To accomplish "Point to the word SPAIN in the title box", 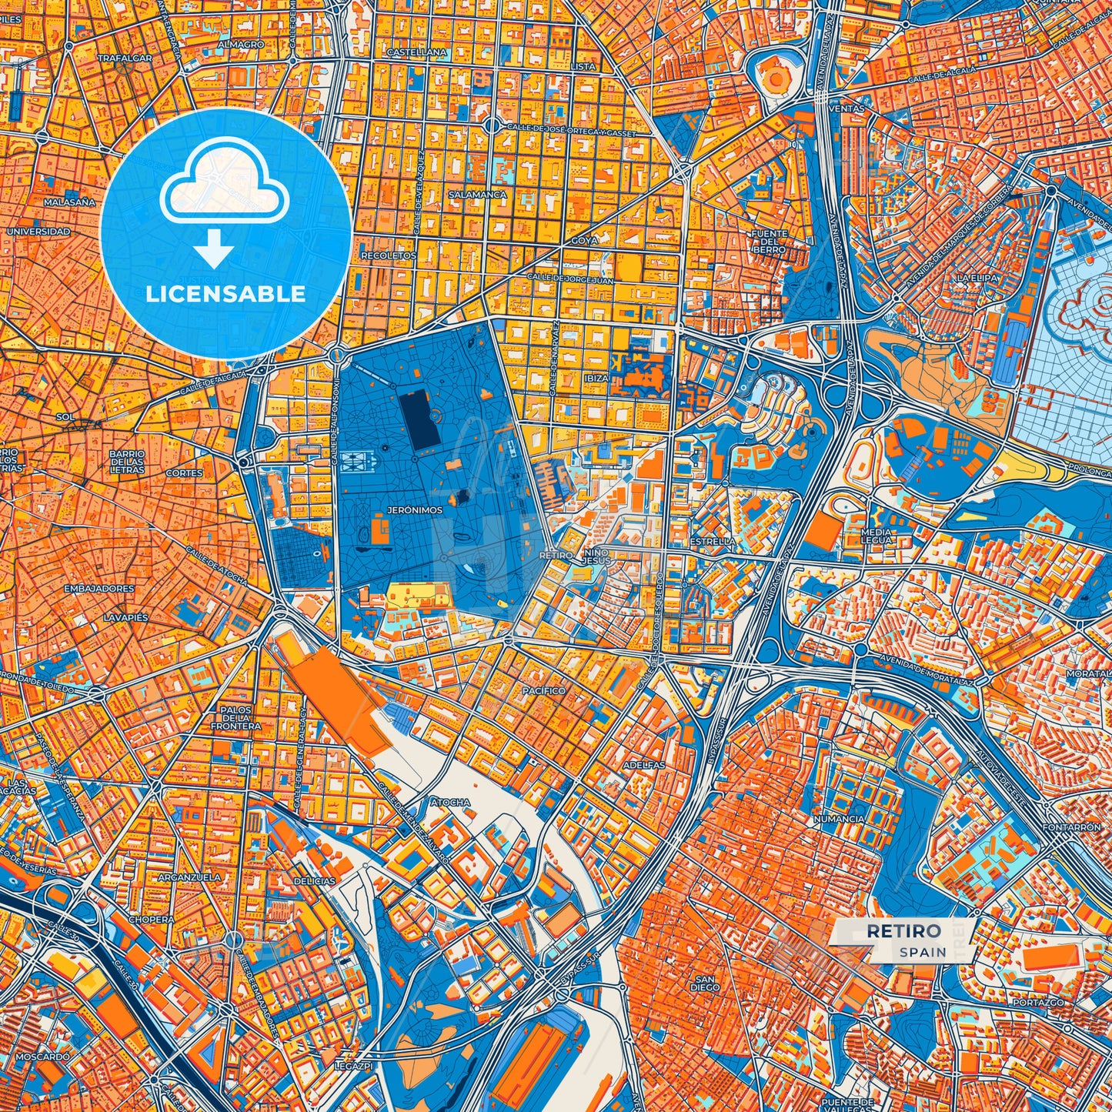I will tap(922, 952).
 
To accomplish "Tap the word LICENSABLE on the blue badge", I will tap(225, 294).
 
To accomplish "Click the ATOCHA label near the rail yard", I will tap(450, 802).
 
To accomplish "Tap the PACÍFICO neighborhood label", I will tap(543, 690).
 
